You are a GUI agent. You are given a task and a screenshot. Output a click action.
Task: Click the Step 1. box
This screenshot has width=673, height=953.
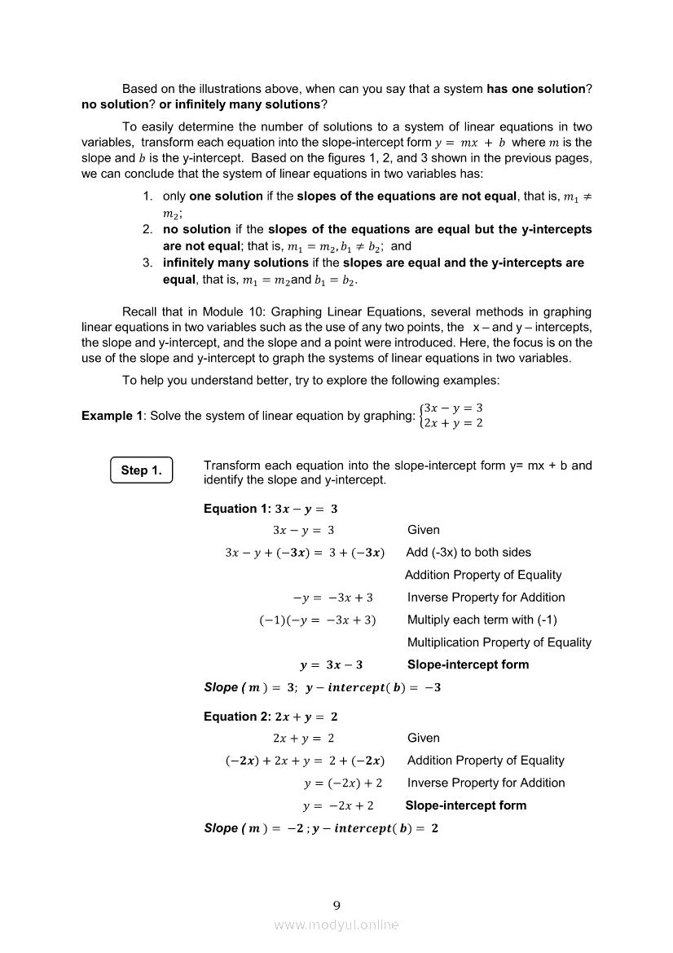141,470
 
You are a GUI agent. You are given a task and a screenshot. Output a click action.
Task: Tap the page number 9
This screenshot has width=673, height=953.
336,904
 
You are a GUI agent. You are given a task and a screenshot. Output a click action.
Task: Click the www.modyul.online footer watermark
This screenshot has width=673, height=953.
336,924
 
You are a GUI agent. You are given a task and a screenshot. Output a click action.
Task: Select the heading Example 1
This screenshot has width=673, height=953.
107,416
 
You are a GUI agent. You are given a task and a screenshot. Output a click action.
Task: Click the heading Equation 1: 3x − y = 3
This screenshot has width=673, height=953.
271,509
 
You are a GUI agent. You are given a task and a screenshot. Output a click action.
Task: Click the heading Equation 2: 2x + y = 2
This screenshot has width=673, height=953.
271,717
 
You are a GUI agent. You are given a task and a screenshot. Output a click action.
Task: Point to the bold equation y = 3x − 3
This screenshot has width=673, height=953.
332,665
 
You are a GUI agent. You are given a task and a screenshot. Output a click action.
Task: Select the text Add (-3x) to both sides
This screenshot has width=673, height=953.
468,553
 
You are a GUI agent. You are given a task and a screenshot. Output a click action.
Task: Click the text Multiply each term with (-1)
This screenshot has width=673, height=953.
482,620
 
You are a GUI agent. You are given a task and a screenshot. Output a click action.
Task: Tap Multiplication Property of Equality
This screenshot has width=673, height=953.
499,642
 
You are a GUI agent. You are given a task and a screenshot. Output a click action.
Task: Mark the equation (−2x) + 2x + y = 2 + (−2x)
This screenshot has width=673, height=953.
305,761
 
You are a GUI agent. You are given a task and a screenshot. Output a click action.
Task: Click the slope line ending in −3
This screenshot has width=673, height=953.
322,687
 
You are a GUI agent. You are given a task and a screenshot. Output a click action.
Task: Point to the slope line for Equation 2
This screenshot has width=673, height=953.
321,828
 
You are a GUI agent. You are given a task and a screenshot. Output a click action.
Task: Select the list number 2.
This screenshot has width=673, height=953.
147,230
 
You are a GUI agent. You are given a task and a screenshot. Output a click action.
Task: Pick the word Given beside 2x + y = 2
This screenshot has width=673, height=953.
424,739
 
